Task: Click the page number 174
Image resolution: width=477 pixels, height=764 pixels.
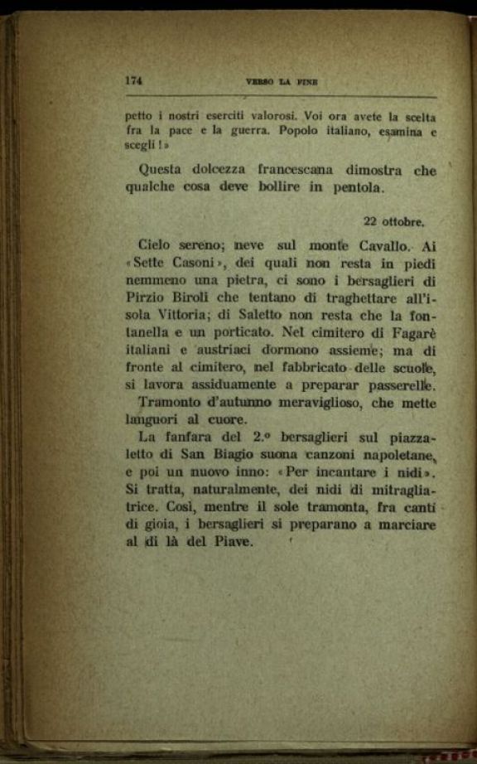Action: (134, 81)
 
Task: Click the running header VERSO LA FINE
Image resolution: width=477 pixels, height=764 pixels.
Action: (282, 82)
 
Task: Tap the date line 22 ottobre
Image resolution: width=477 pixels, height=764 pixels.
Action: (394, 221)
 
